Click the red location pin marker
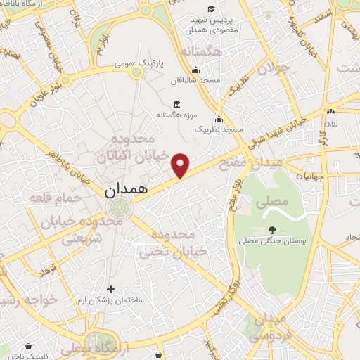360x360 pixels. (x=181, y=165)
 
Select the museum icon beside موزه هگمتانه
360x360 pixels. (x=176, y=104)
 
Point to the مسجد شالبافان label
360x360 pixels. (x=200, y=81)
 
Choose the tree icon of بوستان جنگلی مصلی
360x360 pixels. (x=272, y=229)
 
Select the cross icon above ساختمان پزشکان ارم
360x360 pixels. (x=110, y=288)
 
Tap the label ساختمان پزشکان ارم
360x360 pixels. (x=114, y=300)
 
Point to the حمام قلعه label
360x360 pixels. (x=48, y=199)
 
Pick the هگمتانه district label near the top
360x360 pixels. (x=201, y=52)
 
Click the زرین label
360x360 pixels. (x=330, y=123)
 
